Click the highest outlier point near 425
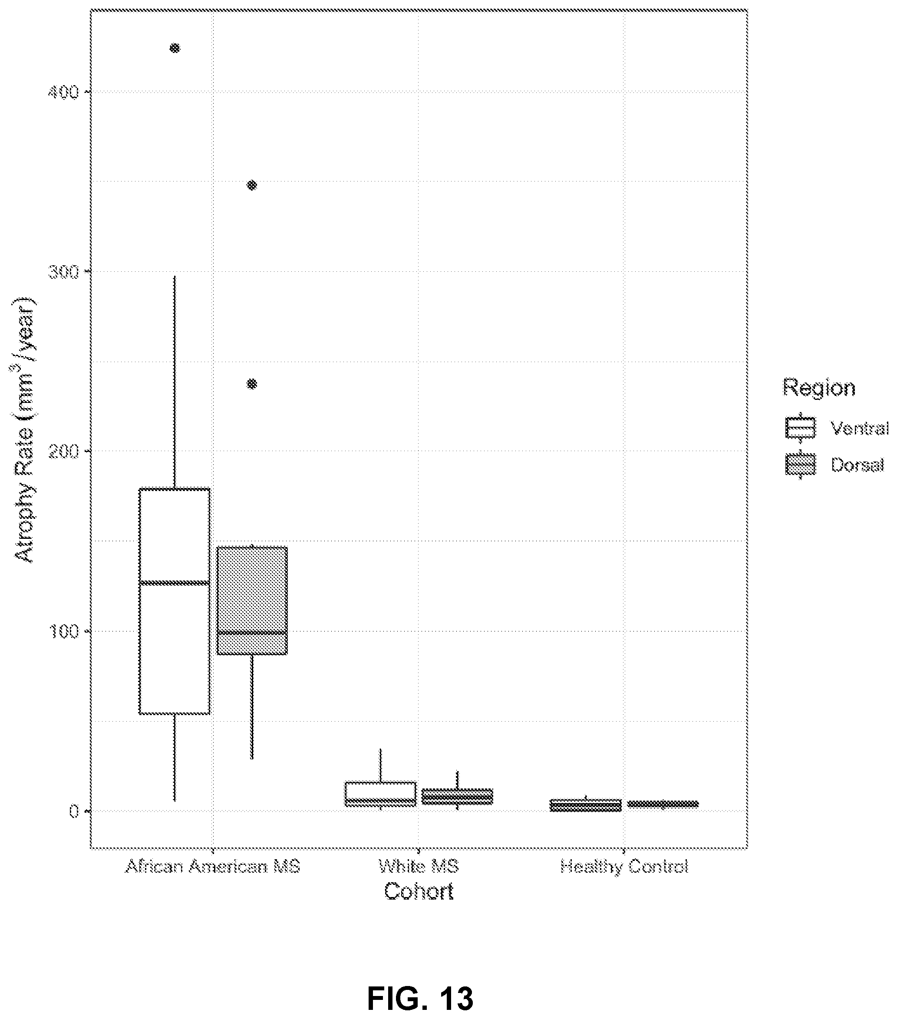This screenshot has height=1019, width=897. [x=175, y=48]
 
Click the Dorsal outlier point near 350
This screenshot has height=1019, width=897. [x=252, y=185]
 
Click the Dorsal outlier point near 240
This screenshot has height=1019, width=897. [x=252, y=384]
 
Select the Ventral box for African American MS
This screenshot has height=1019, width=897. [x=175, y=601]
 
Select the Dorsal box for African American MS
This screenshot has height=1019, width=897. [x=252, y=601]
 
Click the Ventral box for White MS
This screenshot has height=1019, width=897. [x=380, y=794]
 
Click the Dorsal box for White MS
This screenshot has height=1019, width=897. [x=458, y=796]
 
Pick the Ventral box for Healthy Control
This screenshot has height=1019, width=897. [x=585, y=806]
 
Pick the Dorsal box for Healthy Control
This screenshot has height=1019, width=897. [x=663, y=804]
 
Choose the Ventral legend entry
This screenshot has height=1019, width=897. [x=837, y=428]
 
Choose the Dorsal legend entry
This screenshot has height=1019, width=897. [x=834, y=465]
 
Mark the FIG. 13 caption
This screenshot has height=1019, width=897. [x=420, y=985]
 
